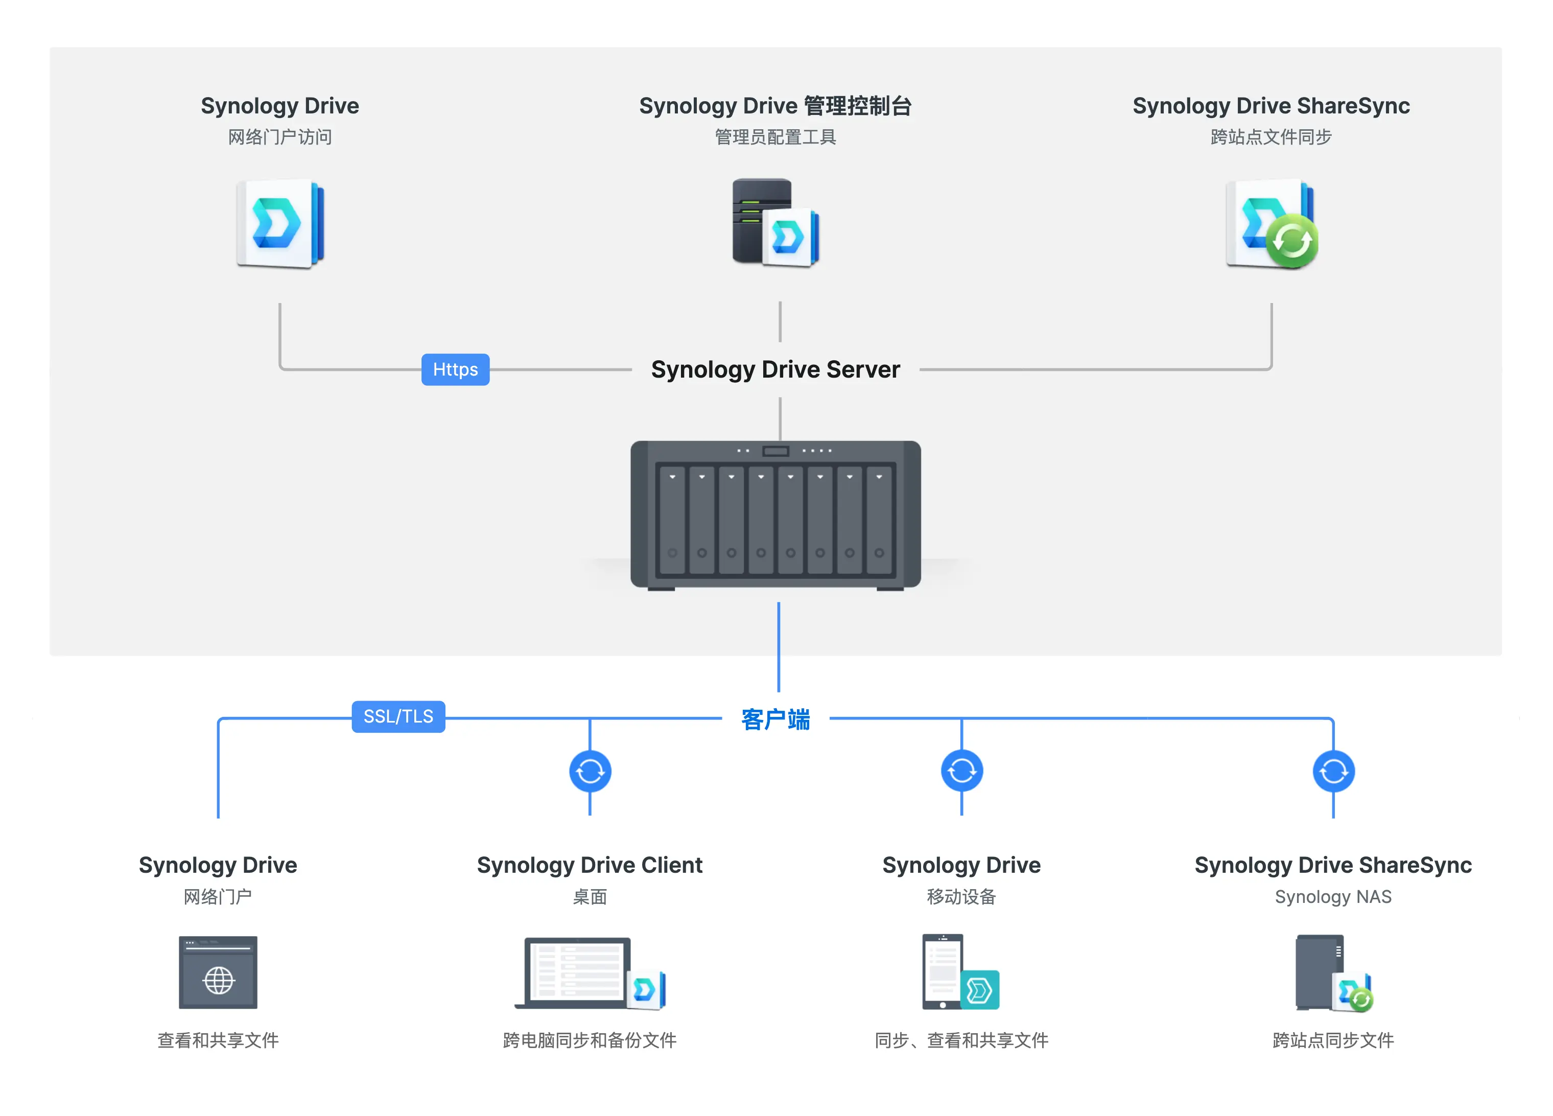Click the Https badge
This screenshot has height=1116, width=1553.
(455, 370)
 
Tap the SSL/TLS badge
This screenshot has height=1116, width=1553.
(398, 716)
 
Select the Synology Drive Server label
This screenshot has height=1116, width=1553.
(775, 370)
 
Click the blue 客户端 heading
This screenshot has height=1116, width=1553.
(775, 719)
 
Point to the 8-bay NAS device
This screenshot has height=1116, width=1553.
(775, 515)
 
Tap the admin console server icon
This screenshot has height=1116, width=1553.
(775, 223)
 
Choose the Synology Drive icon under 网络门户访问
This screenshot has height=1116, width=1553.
(280, 223)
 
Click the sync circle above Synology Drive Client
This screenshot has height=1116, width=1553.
(590, 772)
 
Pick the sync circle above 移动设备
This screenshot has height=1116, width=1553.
(961, 772)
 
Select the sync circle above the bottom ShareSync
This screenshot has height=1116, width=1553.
(1333, 772)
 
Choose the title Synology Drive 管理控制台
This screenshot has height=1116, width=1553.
(775, 106)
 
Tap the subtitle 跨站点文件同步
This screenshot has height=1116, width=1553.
(1271, 137)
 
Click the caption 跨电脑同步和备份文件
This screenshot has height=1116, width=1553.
(590, 1040)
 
